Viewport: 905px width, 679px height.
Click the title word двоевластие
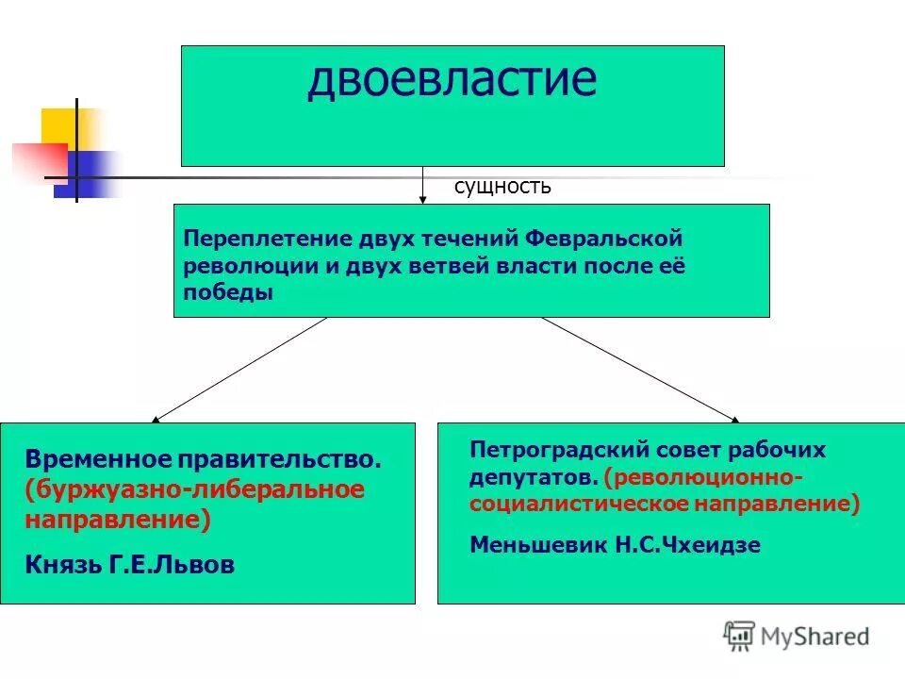pyautogui.click(x=452, y=79)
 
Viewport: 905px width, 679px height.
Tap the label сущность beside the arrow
pyautogui.click(x=502, y=187)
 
